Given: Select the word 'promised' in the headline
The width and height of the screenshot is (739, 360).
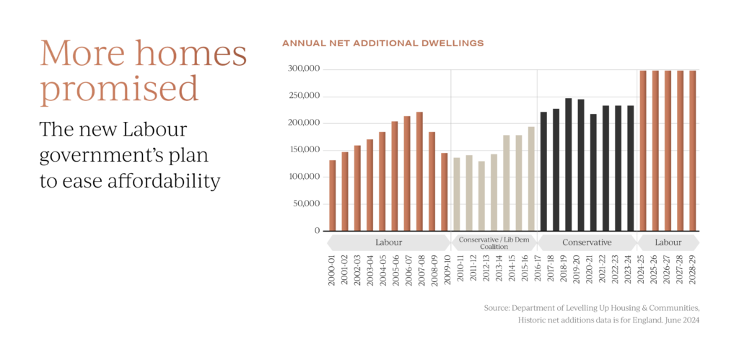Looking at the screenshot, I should point(119,89).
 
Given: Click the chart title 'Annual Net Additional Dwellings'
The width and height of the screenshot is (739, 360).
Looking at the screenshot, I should point(382,44).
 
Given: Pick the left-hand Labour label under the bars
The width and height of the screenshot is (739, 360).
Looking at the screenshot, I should point(388,242).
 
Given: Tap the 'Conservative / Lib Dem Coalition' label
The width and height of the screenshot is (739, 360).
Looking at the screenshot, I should point(494,242).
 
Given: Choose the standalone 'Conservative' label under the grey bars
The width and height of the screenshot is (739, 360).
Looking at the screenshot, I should point(587,242).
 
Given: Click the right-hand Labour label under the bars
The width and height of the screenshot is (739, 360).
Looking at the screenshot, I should point(668,242).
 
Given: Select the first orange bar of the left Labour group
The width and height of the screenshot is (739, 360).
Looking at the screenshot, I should point(333,195).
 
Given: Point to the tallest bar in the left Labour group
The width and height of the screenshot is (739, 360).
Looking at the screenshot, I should point(419,171).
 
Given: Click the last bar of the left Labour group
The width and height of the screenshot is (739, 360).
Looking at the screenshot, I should point(445,191).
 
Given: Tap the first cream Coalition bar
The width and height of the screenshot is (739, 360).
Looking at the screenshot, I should point(456,193).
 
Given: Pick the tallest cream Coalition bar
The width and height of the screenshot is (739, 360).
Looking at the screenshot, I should point(531,178).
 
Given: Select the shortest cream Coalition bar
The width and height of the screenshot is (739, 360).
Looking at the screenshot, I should point(481,195).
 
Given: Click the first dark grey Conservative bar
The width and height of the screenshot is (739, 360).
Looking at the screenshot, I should point(544,171).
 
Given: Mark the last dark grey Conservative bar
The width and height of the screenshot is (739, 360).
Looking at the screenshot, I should point(631,167).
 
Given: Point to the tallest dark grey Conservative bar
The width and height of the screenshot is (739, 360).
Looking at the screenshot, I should point(569,164).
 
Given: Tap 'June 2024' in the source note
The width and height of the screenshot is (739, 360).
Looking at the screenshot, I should point(682,320).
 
